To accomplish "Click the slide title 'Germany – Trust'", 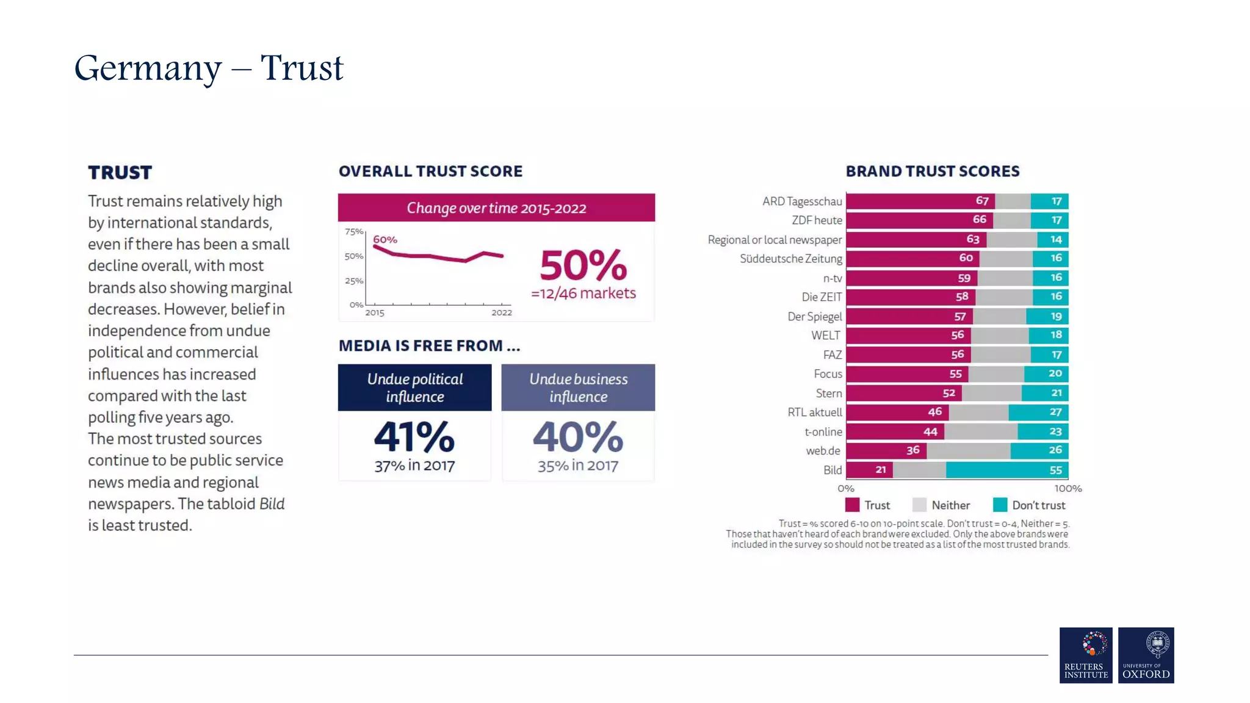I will click(x=209, y=68).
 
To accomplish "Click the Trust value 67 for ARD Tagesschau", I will click(x=981, y=201).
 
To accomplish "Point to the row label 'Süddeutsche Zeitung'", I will click(x=790, y=259).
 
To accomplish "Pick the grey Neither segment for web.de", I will click(x=968, y=450).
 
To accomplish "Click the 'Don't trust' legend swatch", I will click(x=1000, y=505).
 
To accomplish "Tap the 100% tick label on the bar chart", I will click(x=1068, y=488).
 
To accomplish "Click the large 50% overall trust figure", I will click(x=583, y=265).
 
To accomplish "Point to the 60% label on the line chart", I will click(x=385, y=240).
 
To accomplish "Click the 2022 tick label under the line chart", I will click(x=502, y=312).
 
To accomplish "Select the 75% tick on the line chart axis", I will click(x=353, y=231).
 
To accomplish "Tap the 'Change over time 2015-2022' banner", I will click(x=496, y=208).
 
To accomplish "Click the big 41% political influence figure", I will click(x=414, y=437).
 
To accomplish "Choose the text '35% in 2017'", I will click(x=577, y=466).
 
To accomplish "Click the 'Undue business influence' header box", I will click(x=578, y=388).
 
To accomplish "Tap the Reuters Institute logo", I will click(x=1086, y=655).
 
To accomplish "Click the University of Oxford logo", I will click(x=1146, y=655).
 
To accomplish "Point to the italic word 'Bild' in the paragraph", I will click(x=272, y=504).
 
